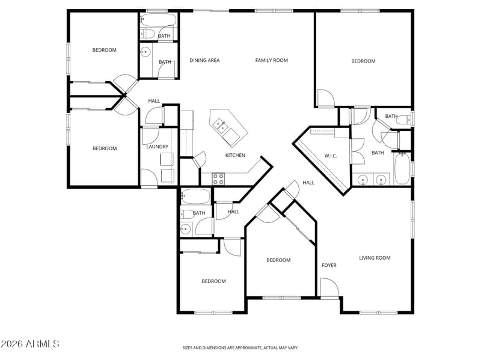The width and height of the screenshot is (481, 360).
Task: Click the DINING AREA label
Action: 204,61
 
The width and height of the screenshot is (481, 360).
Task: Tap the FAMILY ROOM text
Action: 272,61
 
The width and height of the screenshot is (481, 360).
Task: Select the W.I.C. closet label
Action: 331,156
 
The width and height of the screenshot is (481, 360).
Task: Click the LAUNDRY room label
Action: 157,147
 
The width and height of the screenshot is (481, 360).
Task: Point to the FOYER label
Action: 329,265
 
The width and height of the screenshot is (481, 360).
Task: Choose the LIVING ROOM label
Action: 375,258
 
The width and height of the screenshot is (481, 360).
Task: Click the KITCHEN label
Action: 235,155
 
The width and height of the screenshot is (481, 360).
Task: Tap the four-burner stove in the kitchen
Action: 218,179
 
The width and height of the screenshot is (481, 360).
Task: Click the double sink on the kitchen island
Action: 221,126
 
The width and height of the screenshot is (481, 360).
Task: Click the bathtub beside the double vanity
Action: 402,169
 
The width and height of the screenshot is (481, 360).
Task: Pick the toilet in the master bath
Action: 404,120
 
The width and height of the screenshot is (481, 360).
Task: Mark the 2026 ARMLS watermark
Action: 29,344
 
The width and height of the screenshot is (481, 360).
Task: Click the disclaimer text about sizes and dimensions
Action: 240,348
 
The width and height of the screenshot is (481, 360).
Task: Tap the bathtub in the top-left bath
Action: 158,19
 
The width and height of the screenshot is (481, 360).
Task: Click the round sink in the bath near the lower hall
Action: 185,229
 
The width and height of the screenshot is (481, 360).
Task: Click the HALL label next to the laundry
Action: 154,101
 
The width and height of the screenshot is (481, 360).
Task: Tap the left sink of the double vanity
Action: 363,178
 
